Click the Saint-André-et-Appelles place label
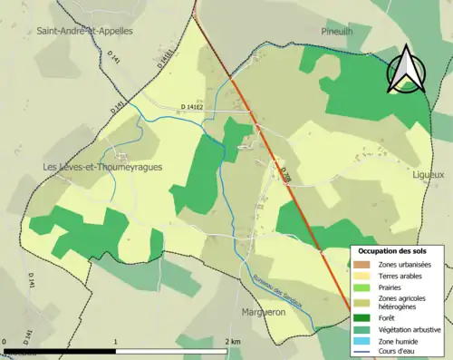coord(84,30)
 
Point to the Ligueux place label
coord(428,172)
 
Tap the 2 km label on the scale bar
coord(233,341)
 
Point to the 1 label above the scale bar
coord(115,341)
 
